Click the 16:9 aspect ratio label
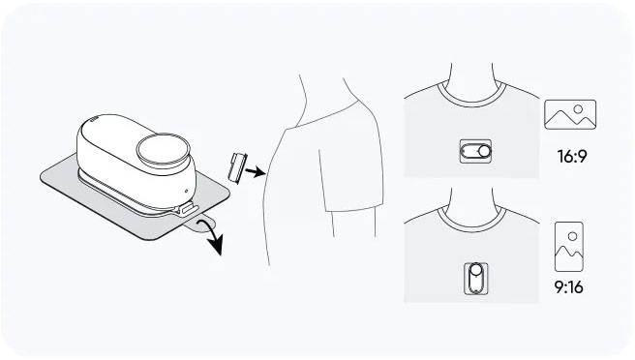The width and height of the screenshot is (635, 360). tap(572, 156)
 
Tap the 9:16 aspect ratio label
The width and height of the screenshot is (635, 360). tap(569, 287)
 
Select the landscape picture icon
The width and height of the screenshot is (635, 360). tap(570, 114)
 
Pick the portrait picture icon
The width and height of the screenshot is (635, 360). tap(569, 247)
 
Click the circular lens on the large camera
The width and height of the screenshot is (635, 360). tap(164, 149)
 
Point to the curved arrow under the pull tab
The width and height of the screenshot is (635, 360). tap(212, 236)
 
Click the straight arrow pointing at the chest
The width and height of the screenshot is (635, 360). tap(256, 171)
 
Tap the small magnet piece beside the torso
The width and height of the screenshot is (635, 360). tap(237, 167)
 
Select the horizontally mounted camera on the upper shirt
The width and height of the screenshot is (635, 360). tap(476, 151)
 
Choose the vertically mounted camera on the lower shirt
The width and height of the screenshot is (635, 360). tap(475, 278)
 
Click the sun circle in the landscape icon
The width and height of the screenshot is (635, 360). tap(578, 109)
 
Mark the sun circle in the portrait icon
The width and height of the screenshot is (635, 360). tap(572, 236)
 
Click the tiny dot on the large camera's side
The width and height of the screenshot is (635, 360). tap(186, 191)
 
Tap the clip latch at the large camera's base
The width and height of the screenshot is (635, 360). tap(186, 210)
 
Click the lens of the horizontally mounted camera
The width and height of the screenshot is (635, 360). tap(484, 151)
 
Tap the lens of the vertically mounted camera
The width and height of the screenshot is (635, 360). tap(475, 270)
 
